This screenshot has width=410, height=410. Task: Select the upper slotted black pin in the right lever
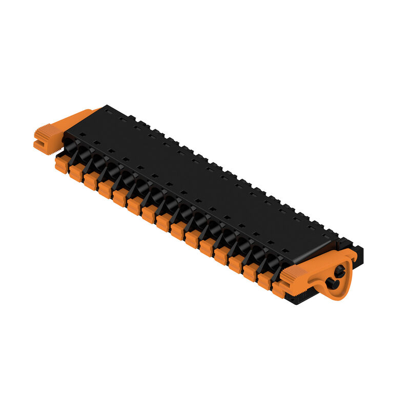(x=339, y=270)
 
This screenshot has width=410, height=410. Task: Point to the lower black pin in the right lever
(x=329, y=283)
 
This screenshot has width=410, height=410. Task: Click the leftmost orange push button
(x=62, y=165)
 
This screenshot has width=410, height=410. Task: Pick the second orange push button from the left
(x=76, y=173)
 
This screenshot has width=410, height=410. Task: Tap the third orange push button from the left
(x=91, y=181)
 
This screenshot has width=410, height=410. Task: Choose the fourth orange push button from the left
(x=106, y=189)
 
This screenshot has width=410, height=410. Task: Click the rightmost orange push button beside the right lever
(x=279, y=290)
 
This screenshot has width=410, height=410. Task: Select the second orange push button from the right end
(x=264, y=280)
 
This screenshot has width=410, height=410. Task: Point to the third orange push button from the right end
(x=250, y=272)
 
